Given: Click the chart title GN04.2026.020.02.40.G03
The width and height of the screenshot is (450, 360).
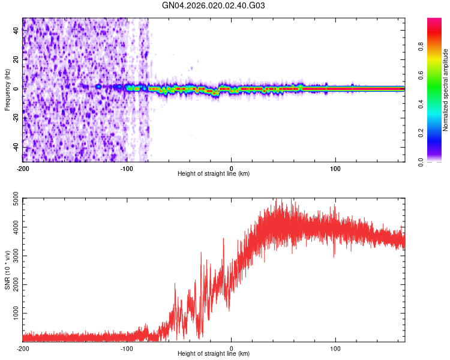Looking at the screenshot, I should click(x=214, y=6).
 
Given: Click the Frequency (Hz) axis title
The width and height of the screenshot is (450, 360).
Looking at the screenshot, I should click(x=8, y=89).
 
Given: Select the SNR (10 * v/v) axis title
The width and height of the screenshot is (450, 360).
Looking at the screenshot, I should click(x=8, y=269).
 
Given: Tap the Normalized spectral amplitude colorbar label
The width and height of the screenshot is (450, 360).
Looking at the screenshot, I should click(x=445, y=90).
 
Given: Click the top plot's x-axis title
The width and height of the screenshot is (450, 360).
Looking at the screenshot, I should click(x=214, y=173).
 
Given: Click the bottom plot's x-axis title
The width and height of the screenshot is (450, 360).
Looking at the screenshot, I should click(x=214, y=354).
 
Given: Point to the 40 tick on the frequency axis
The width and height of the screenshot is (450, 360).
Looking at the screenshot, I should click(x=17, y=31).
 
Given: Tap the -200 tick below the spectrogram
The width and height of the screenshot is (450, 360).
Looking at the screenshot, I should click(x=23, y=167).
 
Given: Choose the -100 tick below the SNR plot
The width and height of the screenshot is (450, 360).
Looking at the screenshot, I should click(x=127, y=348).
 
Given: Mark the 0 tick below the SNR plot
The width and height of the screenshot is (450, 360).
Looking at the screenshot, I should click(x=232, y=348).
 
